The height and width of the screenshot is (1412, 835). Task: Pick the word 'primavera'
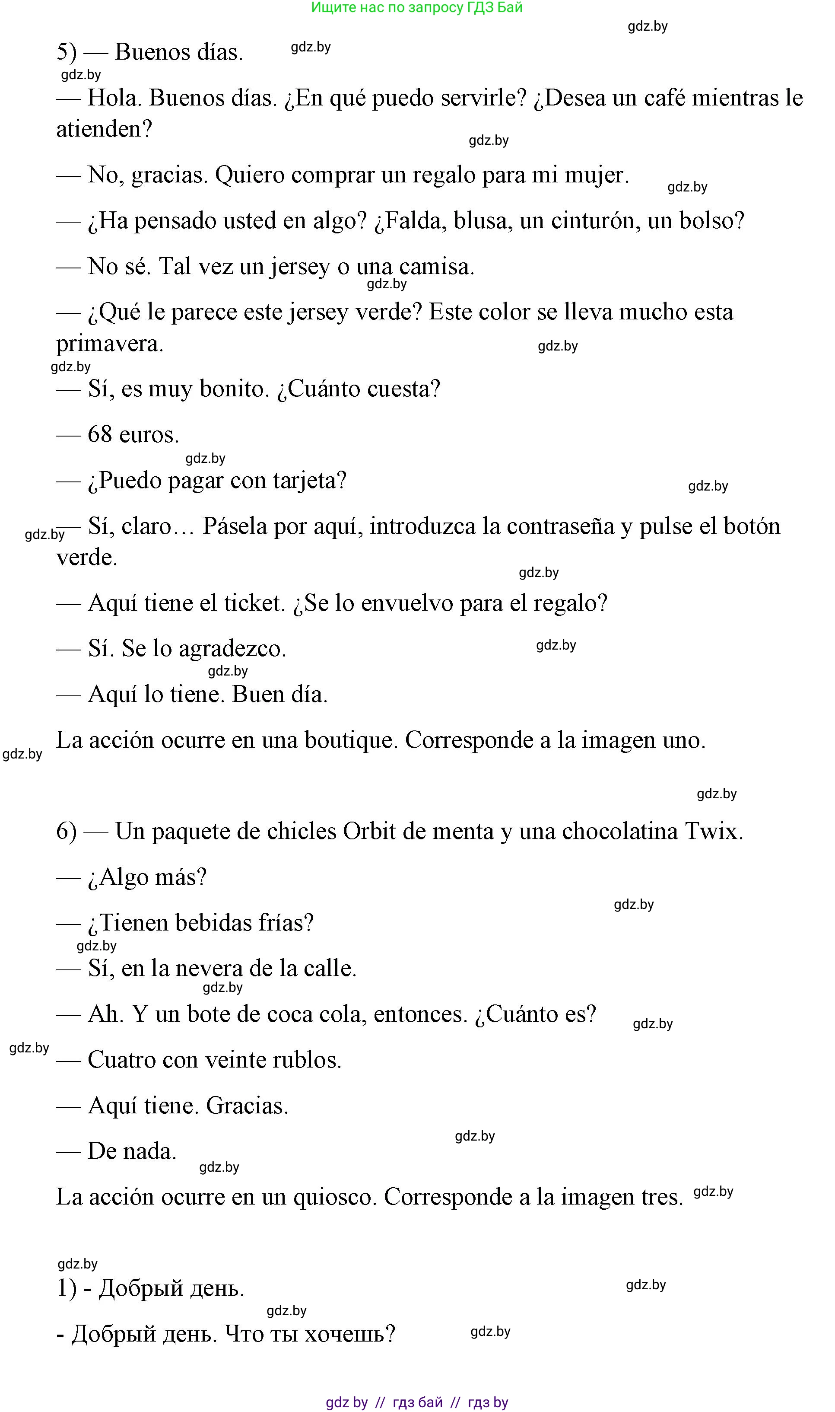pos(109,344)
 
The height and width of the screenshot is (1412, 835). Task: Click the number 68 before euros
pos(100,435)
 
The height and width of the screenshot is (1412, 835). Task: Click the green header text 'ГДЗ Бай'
pos(495,7)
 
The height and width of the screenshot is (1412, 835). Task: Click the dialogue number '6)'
pos(67,832)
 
